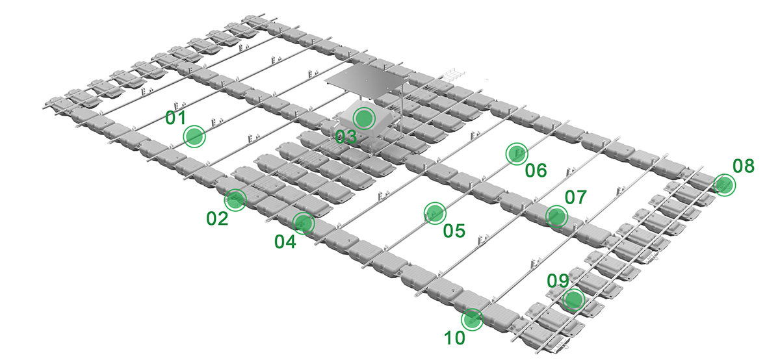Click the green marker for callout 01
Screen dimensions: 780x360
(x=194, y=136)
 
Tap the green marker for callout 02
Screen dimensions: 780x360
(x=235, y=200)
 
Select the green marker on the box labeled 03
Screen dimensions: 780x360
(x=364, y=118)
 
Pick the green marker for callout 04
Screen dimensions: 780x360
(x=304, y=223)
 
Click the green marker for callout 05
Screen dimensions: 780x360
(x=435, y=212)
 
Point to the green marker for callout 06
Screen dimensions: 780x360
(x=517, y=153)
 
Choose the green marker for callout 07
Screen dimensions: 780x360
(x=556, y=216)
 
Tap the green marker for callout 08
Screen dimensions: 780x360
(x=725, y=185)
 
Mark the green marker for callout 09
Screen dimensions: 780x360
(x=573, y=300)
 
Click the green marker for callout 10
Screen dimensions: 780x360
(x=472, y=319)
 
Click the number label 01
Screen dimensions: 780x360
(x=176, y=118)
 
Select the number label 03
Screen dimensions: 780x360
(x=346, y=137)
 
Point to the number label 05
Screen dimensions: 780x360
(x=454, y=231)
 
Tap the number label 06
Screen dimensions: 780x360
(x=536, y=170)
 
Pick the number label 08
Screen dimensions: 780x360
(x=744, y=166)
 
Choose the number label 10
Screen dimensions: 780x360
(x=455, y=338)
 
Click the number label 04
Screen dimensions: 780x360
(x=285, y=242)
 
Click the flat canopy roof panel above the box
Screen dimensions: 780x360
(x=367, y=80)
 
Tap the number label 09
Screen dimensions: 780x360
(x=558, y=281)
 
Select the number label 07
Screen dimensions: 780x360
(x=576, y=198)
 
